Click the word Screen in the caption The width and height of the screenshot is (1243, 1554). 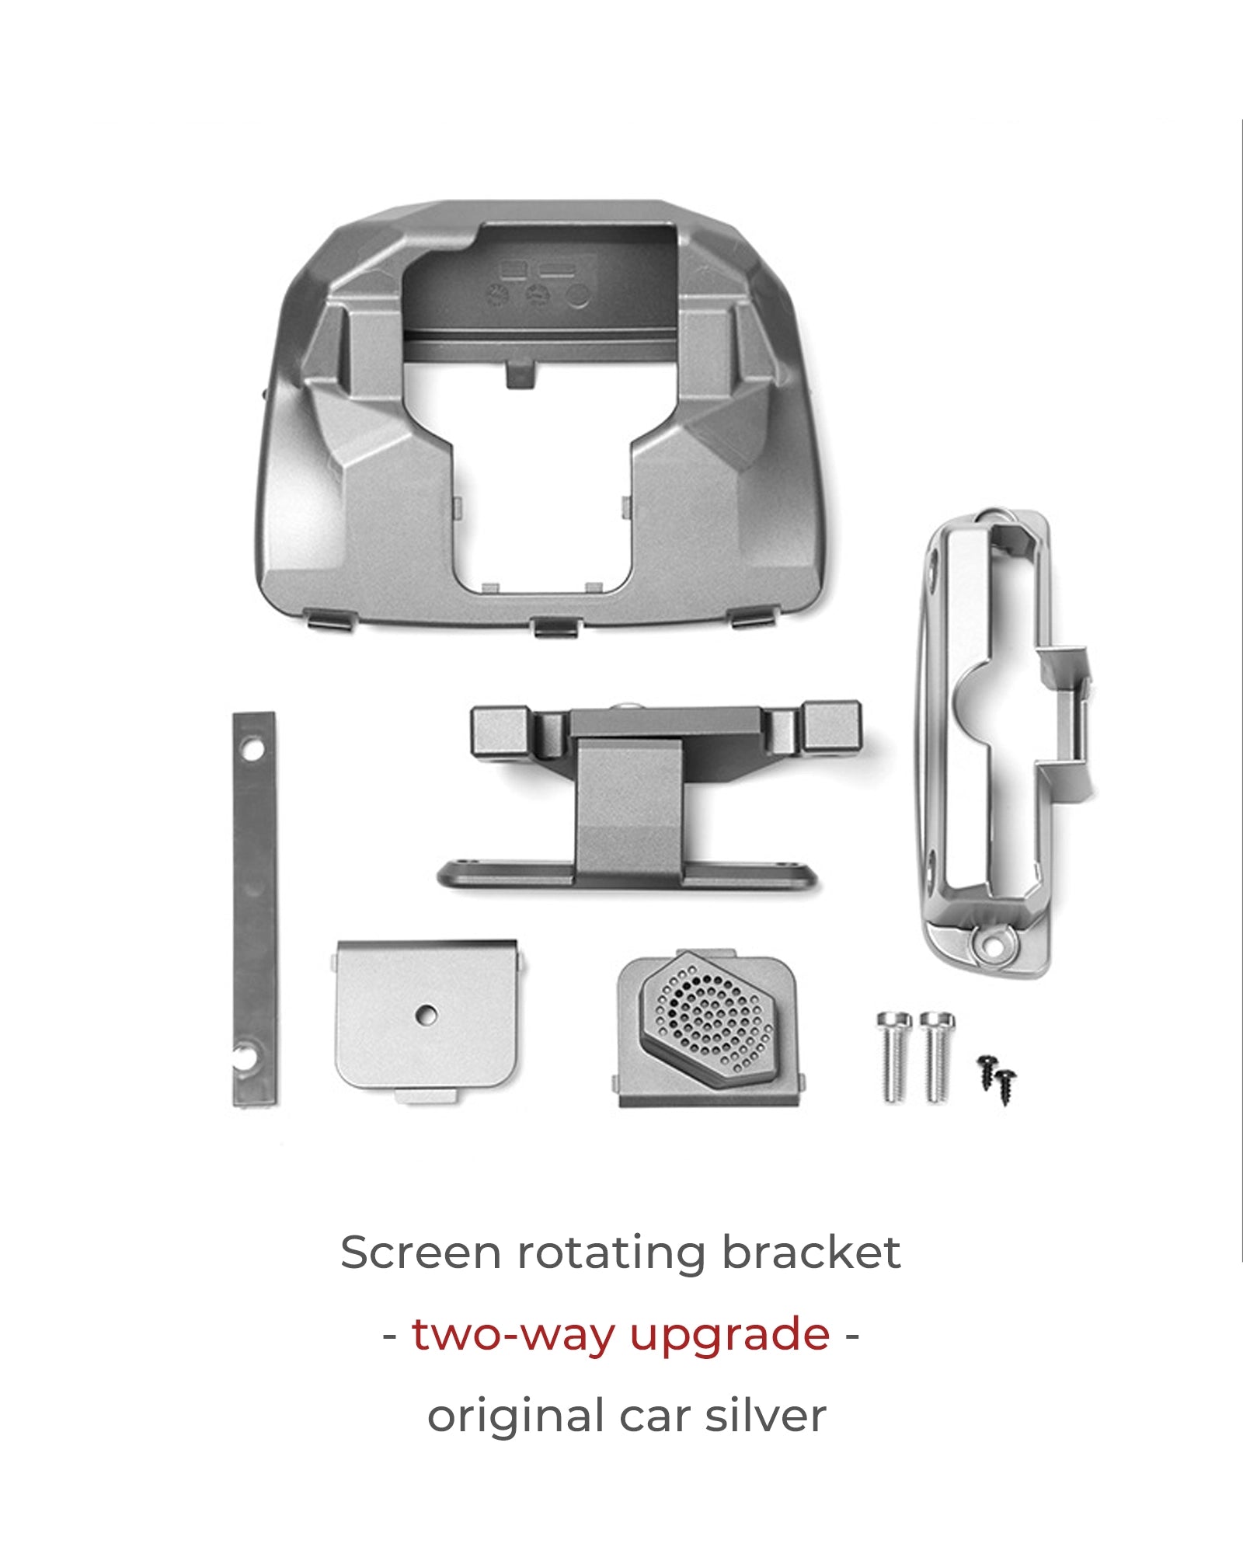point(420,1253)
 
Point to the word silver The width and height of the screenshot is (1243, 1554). point(765,1415)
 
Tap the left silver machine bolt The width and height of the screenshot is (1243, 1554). point(894,1056)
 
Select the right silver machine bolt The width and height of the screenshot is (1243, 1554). point(937,1056)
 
